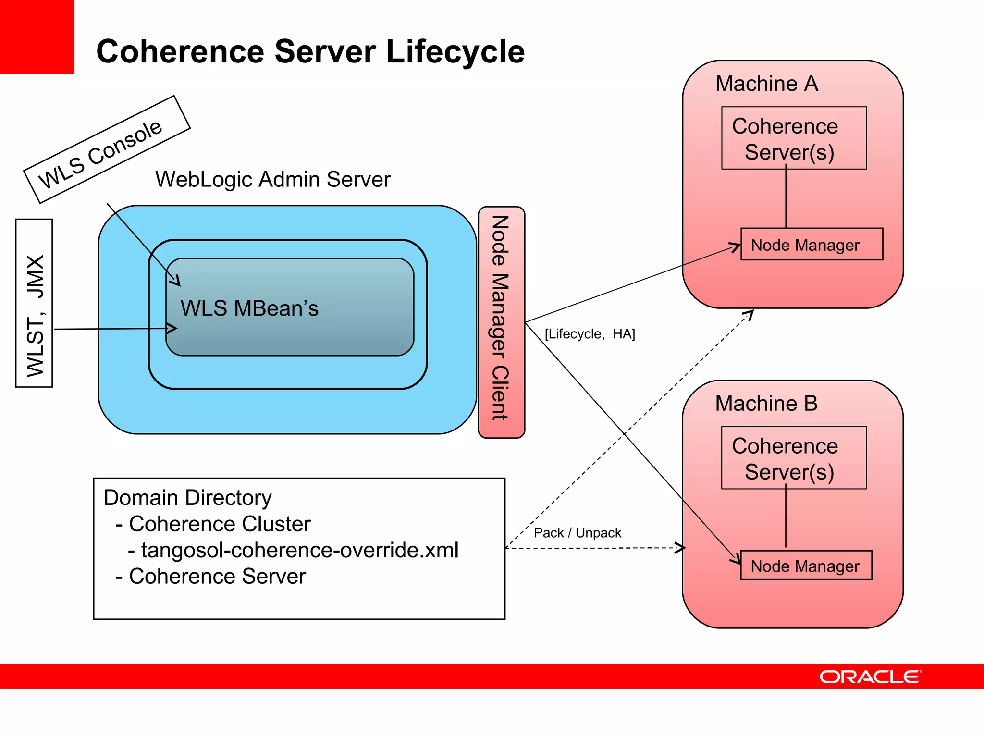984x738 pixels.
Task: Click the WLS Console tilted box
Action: [107, 149]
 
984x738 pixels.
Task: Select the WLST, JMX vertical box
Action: [34, 303]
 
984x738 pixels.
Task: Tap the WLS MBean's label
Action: [249, 308]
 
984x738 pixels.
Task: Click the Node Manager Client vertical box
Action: [501, 322]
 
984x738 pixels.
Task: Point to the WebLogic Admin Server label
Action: [272, 180]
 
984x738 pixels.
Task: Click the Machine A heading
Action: [766, 84]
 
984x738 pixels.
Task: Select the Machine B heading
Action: [766, 403]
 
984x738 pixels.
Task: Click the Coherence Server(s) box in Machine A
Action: [794, 138]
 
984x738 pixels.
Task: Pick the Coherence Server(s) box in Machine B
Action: [794, 458]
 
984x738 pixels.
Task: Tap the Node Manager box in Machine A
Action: [812, 245]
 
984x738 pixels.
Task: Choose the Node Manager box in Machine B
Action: [806, 566]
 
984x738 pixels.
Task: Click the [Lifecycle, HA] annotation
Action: [590, 334]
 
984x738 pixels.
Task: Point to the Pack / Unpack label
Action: [577, 533]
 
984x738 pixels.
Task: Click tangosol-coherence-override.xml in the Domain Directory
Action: [299, 550]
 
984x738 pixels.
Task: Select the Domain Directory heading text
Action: [187, 498]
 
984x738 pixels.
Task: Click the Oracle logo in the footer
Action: [870, 676]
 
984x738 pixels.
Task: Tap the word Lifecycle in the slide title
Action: [455, 51]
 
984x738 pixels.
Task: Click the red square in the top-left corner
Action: [37, 37]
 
